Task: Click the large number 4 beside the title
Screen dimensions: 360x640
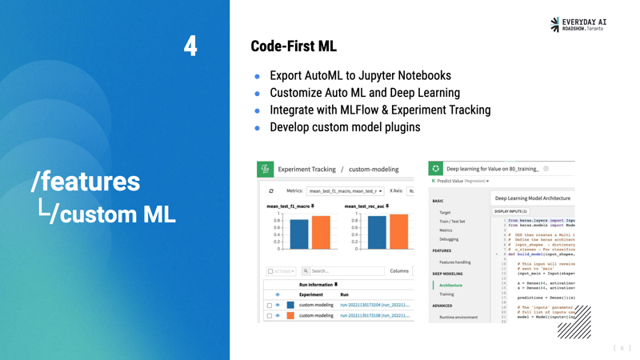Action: (x=190, y=46)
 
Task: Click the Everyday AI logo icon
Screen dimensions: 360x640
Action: (x=555, y=25)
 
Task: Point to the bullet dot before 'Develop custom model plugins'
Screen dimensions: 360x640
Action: (x=258, y=128)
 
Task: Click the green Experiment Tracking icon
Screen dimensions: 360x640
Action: (x=265, y=170)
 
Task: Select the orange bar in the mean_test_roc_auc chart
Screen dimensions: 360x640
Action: (x=398, y=232)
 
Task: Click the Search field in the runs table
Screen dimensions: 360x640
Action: (x=344, y=271)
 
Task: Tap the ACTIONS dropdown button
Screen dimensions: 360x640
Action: (x=281, y=271)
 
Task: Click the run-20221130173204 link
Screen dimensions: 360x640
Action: (x=374, y=305)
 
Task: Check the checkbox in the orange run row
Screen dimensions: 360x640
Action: (x=270, y=316)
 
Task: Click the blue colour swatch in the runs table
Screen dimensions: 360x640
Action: (x=290, y=305)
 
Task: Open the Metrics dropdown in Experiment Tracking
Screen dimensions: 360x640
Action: (x=345, y=191)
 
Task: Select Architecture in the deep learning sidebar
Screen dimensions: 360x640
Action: (x=450, y=286)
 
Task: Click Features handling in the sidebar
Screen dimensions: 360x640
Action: (x=454, y=262)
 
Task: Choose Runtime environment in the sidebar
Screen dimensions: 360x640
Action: (x=458, y=318)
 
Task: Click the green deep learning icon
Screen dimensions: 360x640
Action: (x=435, y=169)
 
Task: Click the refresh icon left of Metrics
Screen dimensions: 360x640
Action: (x=271, y=191)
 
